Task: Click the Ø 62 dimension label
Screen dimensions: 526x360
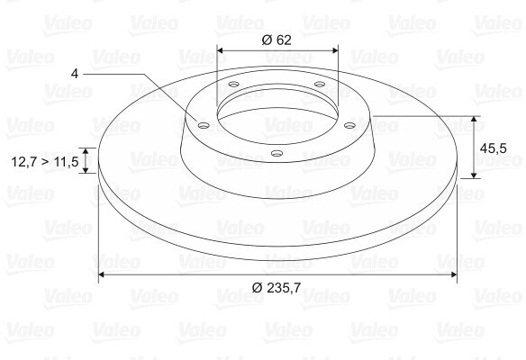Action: tap(277, 40)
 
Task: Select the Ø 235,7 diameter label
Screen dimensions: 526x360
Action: tap(277, 288)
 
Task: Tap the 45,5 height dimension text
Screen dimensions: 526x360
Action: tap(494, 148)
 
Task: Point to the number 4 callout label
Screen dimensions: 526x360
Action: tap(75, 74)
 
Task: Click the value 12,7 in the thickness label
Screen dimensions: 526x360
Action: tap(25, 162)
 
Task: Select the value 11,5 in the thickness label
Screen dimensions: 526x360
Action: tap(66, 162)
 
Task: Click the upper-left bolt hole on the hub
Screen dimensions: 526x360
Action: tap(233, 84)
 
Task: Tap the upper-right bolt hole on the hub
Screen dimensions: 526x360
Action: tap(320, 84)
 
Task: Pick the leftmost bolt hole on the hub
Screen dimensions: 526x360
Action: tap(204, 126)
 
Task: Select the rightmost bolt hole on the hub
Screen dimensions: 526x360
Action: tap(350, 125)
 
